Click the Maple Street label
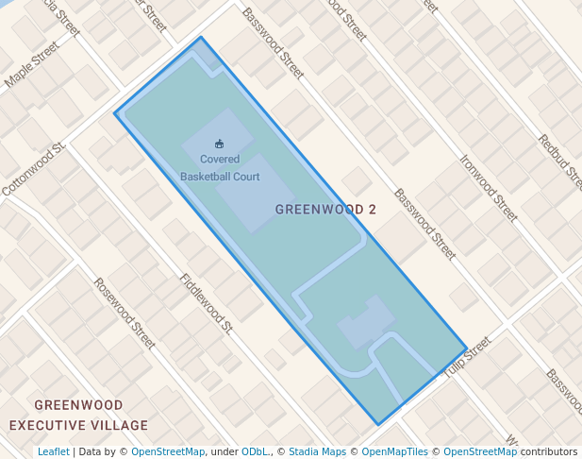pyautogui.click(x=31, y=74)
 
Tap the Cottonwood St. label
pyautogui.click(x=33, y=170)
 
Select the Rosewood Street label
pyautogui.click(x=124, y=314)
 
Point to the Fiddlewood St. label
pyautogui.click(x=206, y=304)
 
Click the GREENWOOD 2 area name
pyautogui.click(x=325, y=209)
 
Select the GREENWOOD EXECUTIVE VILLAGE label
pyautogui.click(x=79, y=416)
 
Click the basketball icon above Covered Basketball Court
pyautogui.click(x=220, y=144)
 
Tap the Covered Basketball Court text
pyautogui.click(x=220, y=167)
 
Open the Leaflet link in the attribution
pyautogui.click(x=53, y=451)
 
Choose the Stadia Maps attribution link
pyautogui.click(x=317, y=451)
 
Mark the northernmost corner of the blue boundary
pyautogui.click(x=201, y=38)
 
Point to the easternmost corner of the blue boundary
pyautogui.click(x=466, y=348)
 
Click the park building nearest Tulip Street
pyautogui.click(x=366, y=322)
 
